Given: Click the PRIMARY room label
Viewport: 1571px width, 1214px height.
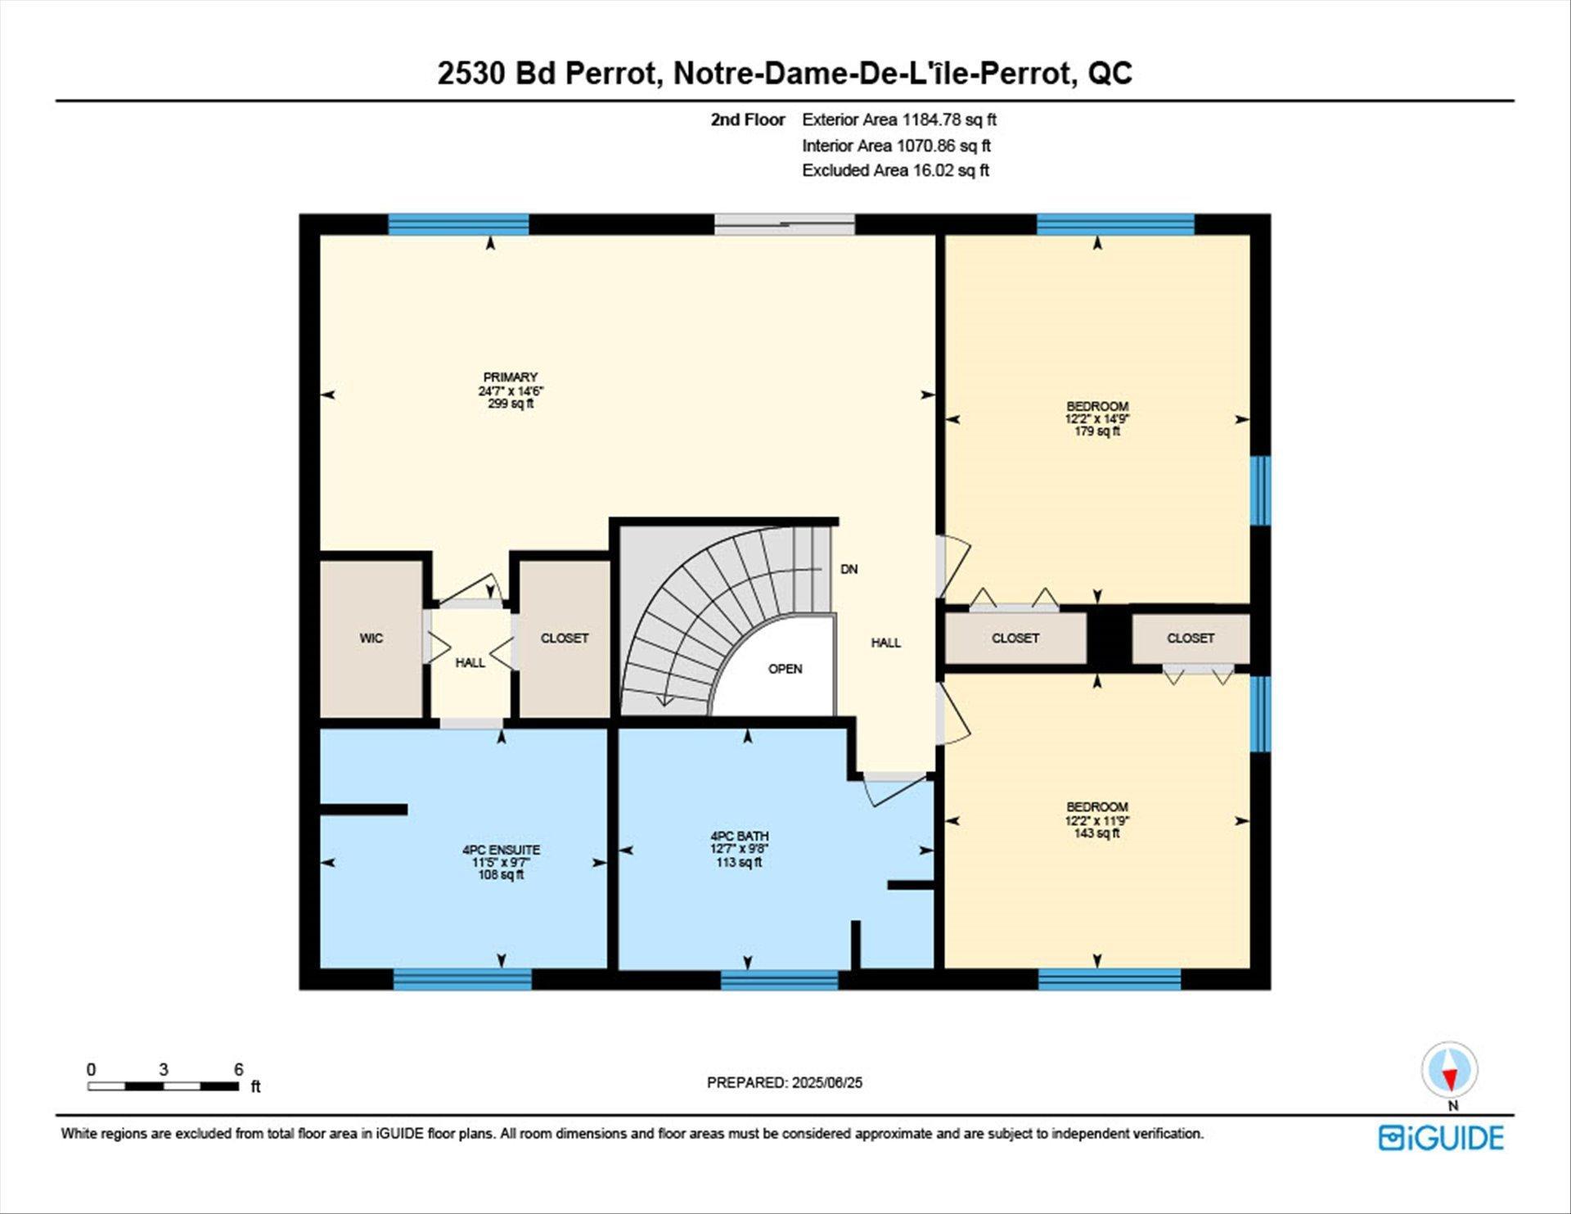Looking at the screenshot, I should tap(510, 377).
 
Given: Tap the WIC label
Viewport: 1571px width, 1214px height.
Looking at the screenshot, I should tap(371, 639).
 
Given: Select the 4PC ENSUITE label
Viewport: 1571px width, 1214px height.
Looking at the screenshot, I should tap(501, 850).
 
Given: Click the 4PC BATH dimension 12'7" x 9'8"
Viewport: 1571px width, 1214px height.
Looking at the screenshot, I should tap(739, 849).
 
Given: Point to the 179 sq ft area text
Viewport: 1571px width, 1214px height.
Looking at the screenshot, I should tap(1096, 431).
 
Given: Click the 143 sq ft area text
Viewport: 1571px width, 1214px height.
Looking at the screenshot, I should tap(1096, 833).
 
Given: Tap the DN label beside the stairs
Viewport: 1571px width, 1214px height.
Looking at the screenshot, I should tap(849, 569).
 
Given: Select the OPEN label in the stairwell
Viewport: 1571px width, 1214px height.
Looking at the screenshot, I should tap(785, 669).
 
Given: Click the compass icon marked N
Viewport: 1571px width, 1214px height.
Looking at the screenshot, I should tap(1449, 1071).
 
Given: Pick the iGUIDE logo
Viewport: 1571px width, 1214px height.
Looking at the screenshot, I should tap(1441, 1138).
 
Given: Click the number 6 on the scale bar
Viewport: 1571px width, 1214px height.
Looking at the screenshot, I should tap(238, 1069).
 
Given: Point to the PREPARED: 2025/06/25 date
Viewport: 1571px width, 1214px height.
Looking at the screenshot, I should tap(784, 1082).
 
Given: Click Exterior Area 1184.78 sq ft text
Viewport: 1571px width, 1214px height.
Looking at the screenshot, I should tap(898, 120).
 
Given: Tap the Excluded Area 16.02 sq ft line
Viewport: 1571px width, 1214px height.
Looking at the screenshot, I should tap(895, 170).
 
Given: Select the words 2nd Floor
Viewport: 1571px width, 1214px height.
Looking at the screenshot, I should tap(747, 120).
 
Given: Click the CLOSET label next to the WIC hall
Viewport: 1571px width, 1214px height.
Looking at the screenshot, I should tap(564, 639).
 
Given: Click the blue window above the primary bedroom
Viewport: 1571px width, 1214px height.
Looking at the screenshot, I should tap(458, 223).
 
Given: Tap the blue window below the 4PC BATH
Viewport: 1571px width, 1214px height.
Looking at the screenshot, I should tap(779, 979).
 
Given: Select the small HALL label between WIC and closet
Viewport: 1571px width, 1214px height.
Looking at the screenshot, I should tap(470, 663).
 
